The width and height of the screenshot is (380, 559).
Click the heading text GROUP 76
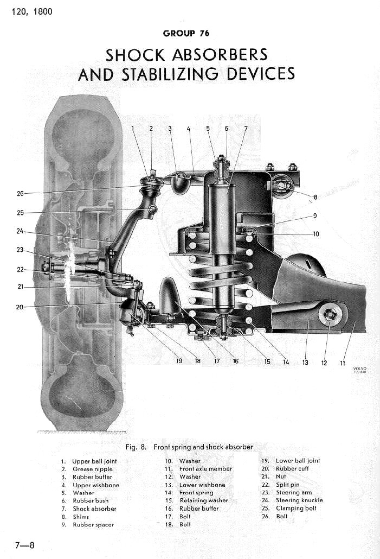click(186, 34)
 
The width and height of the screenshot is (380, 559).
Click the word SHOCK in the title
click(135, 55)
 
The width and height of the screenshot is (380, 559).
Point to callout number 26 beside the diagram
click(20, 193)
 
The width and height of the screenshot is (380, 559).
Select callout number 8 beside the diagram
click(315, 197)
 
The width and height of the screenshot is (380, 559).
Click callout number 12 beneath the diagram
click(324, 363)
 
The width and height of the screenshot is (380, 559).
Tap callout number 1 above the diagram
click(132, 129)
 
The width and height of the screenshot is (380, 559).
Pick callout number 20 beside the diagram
click(20, 307)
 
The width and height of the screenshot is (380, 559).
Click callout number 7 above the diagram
click(245, 129)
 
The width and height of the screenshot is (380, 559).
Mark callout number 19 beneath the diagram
click(179, 360)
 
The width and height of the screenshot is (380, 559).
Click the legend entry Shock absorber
click(94, 509)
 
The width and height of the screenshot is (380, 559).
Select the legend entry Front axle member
click(205, 468)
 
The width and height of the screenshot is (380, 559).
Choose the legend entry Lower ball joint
click(298, 461)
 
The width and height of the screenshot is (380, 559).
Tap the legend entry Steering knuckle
click(299, 500)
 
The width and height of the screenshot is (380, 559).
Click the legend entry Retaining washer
click(203, 500)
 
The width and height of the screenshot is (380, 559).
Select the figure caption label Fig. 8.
click(138, 447)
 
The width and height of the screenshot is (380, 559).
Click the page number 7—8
click(24, 545)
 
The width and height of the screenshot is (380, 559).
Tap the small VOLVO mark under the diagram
click(359, 369)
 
